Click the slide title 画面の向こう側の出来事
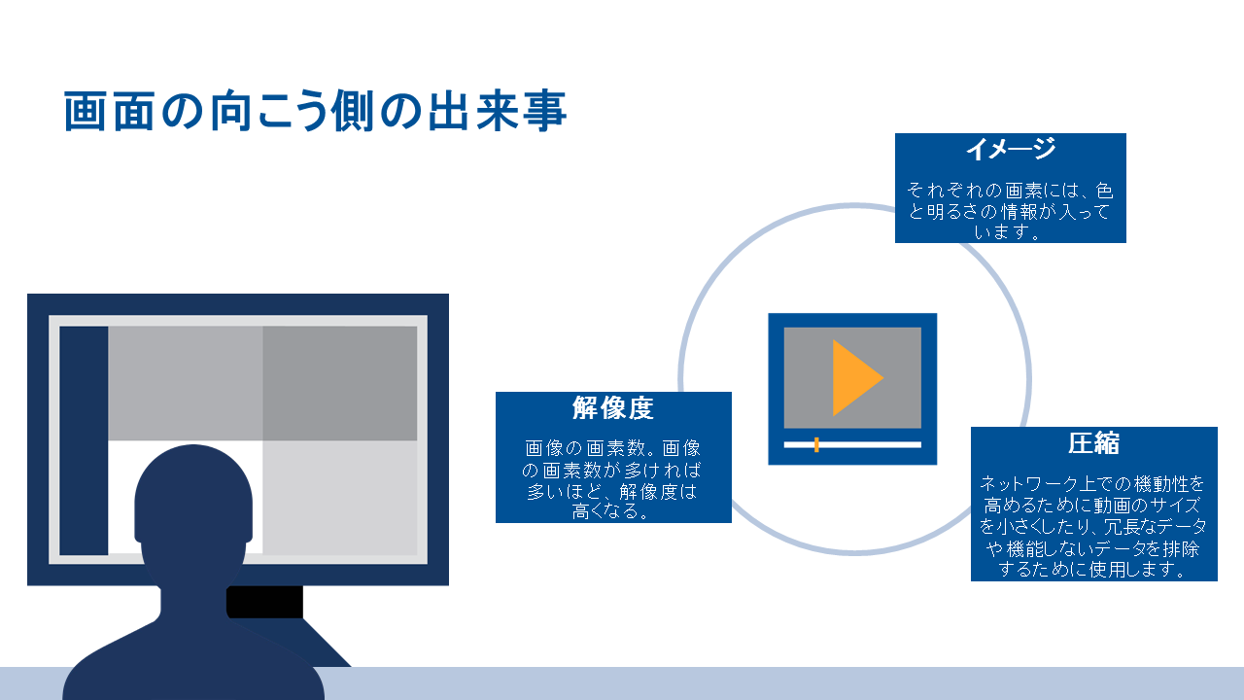pyautogui.click(x=315, y=111)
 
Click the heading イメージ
pyautogui.click(x=1010, y=149)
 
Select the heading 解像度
pyautogui.click(x=613, y=407)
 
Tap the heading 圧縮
pyautogui.click(x=1093, y=442)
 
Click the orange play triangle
pyautogui.click(x=854, y=378)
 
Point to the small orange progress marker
pyautogui.click(x=816, y=444)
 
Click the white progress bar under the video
pyautogui.click(x=852, y=444)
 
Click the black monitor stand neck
pyautogui.click(x=265, y=602)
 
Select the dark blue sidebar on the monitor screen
pyautogui.click(x=84, y=440)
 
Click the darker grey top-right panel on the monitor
pyautogui.click(x=340, y=383)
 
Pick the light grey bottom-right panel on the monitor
pyautogui.click(x=340, y=498)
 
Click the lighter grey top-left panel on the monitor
pyautogui.click(x=186, y=383)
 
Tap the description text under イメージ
pyautogui.click(x=1010, y=211)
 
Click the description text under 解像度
pyautogui.click(x=613, y=479)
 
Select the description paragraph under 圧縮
pyautogui.click(x=1093, y=526)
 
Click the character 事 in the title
pyautogui.click(x=545, y=111)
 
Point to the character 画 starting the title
pyautogui.click(x=85, y=111)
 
